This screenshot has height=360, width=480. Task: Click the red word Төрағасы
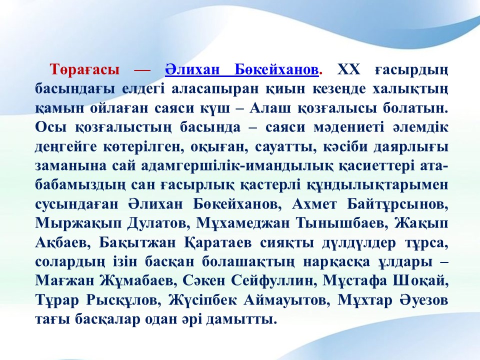point(85,70)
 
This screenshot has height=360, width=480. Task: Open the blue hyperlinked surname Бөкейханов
point(276,69)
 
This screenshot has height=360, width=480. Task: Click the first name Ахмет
point(314,204)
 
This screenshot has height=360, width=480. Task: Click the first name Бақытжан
point(137,243)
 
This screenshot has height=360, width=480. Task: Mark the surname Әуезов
point(424,300)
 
